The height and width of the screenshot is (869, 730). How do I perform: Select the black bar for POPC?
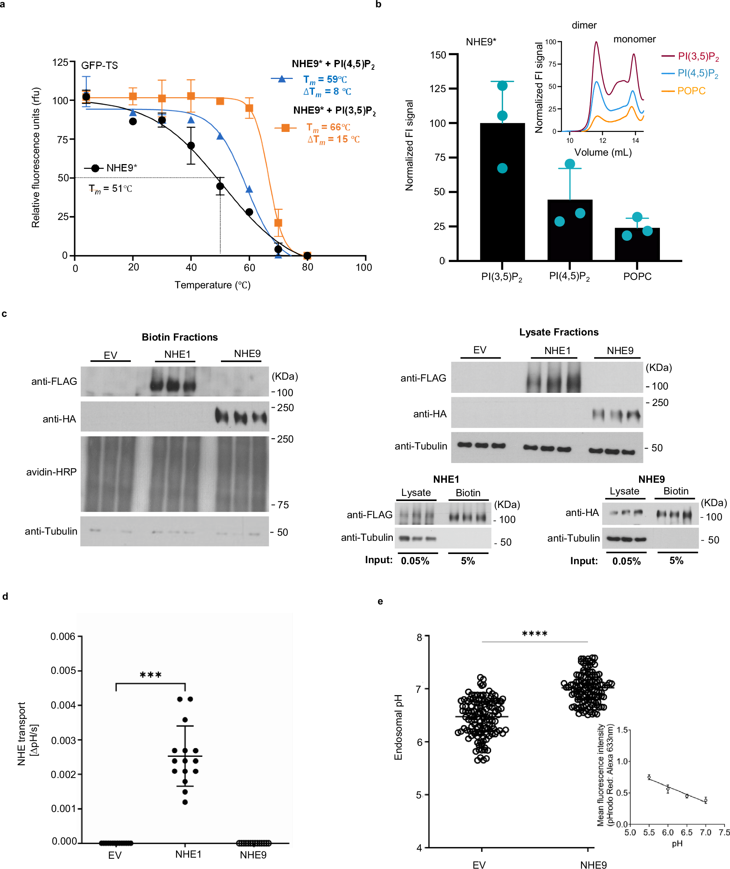click(x=637, y=244)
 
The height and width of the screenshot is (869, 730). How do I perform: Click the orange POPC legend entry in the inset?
click(x=691, y=91)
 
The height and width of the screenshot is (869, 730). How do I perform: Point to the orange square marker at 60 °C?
click(x=249, y=108)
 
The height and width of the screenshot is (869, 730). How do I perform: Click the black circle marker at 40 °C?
click(x=191, y=146)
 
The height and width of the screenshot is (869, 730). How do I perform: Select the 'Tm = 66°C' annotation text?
click(x=328, y=127)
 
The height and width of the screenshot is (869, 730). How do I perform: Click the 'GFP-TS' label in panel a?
click(x=99, y=65)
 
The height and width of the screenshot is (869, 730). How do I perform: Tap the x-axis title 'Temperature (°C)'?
click(x=212, y=285)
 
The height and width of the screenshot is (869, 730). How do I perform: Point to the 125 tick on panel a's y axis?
click(x=60, y=62)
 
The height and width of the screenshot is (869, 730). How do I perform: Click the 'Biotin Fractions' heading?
click(x=180, y=337)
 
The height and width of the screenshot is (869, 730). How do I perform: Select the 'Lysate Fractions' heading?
click(x=559, y=332)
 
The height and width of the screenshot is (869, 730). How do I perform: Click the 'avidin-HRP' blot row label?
click(x=51, y=472)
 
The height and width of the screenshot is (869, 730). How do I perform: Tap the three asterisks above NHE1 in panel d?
click(x=150, y=675)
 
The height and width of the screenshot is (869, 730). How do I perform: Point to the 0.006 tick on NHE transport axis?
click(x=63, y=636)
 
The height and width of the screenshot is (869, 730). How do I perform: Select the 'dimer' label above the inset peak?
click(x=584, y=25)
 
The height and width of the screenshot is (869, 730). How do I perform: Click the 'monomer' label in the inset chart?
click(x=634, y=39)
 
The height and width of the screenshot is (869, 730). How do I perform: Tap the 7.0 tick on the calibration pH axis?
click(x=706, y=832)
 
